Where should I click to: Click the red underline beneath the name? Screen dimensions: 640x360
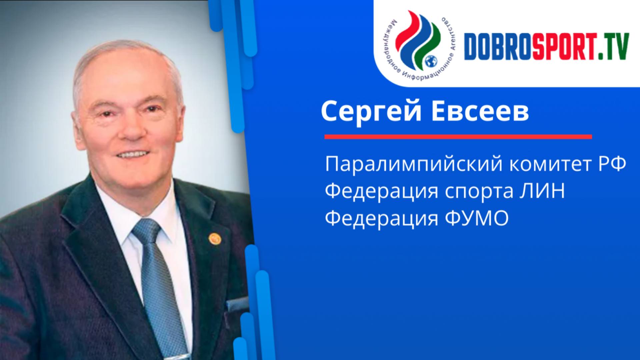coord(458,137)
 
